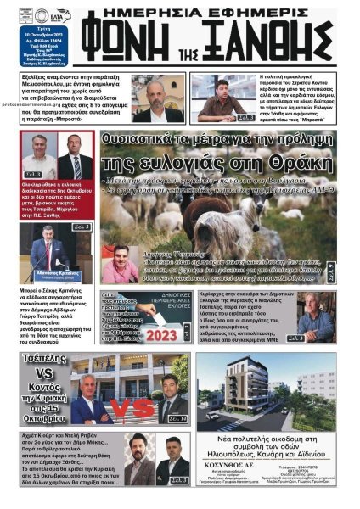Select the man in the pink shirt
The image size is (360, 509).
115,261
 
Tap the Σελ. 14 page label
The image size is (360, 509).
177,417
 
